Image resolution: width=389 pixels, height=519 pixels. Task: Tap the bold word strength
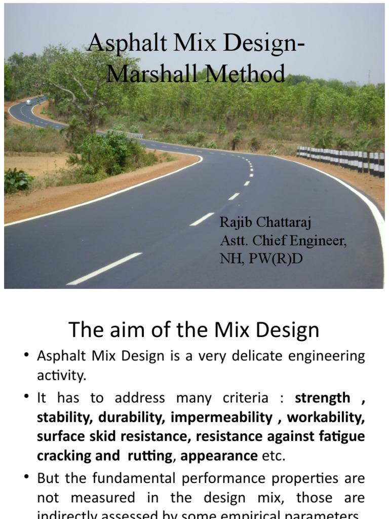pos(323,397)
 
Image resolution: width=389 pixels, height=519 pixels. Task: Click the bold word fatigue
pos(345,436)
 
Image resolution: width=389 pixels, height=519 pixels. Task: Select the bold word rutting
pos(151,455)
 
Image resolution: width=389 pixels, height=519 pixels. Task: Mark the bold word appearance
pos(219,455)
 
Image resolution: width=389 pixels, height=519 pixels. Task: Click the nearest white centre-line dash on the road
pos(104,268)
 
